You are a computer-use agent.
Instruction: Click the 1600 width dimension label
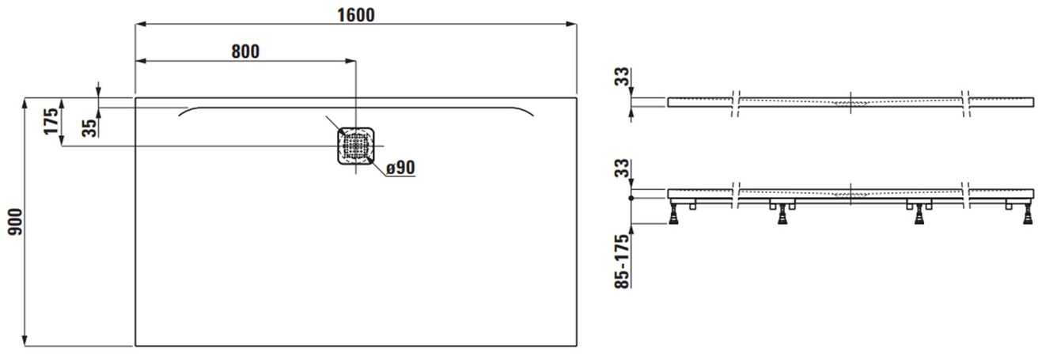tap(355, 15)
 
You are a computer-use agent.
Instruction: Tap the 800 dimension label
tap(245, 51)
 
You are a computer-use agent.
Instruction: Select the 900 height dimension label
tap(15, 222)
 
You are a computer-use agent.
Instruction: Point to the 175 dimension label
tap(51, 121)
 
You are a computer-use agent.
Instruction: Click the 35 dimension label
tap(90, 128)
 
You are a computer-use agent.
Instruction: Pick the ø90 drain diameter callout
tap(401, 168)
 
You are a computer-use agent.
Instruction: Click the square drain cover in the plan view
tap(355, 146)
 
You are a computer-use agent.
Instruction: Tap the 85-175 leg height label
tap(623, 261)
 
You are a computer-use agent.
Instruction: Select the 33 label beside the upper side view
tap(623, 77)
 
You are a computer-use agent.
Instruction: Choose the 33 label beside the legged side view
tap(623, 168)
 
